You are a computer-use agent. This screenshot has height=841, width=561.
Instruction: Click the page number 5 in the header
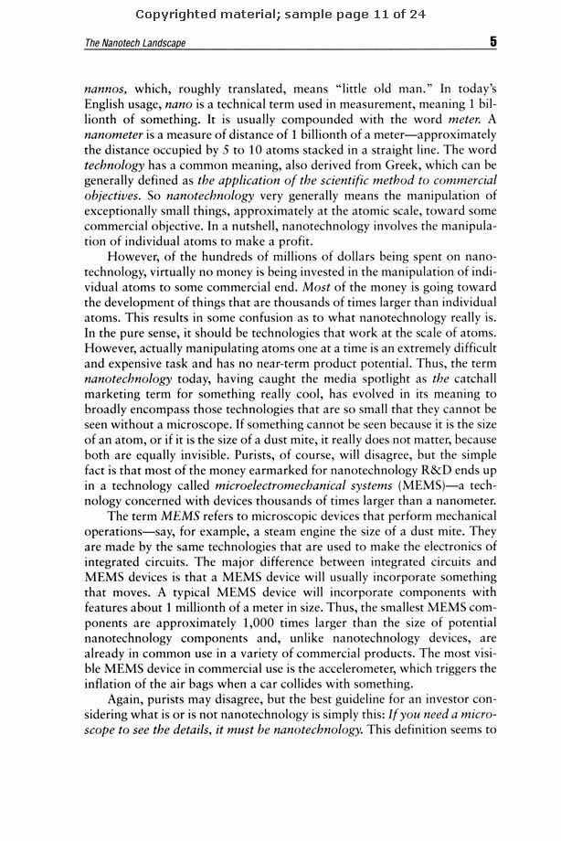(492, 41)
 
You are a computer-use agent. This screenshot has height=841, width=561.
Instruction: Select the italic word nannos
(104, 91)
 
